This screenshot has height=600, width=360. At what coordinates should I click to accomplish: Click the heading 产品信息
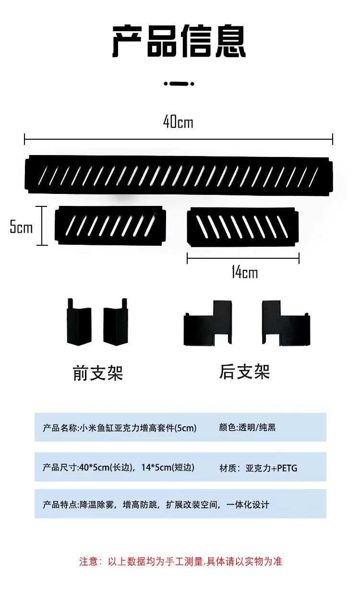(179, 42)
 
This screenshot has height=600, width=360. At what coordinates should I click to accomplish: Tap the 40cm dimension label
(178, 122)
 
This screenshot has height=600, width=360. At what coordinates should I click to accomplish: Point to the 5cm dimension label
(21, 227)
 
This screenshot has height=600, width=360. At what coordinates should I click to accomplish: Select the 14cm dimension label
(244, 273)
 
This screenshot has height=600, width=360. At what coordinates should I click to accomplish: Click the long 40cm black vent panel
(179, 175)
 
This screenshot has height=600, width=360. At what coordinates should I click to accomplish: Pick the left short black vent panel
(110, 225)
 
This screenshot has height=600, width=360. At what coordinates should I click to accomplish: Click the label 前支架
(98, 373)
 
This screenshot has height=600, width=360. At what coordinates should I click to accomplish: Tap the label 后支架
(245, 372)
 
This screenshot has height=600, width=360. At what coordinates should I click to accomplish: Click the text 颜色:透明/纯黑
(247, 427)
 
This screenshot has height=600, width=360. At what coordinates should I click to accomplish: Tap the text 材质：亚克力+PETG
(258, 467)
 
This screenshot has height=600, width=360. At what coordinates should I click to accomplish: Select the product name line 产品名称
(120, 427)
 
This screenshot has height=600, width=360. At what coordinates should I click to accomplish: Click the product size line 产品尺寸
(119, 467)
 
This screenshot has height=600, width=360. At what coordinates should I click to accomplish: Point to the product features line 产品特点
(156, 504)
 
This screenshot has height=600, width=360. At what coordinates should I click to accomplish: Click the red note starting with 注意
(180, 561)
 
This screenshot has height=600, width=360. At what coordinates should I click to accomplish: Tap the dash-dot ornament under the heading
(179, 84)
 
